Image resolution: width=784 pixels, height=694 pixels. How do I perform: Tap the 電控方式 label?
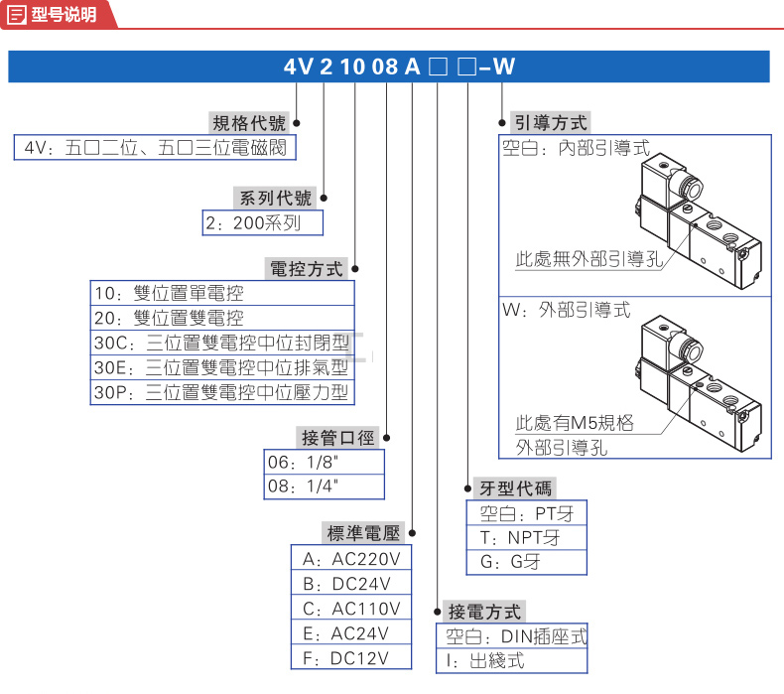(x=307, y=268)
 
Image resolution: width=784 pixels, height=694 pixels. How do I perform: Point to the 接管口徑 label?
(x=338, y=437)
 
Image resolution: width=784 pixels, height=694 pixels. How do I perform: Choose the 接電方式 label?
(x=484, y=612)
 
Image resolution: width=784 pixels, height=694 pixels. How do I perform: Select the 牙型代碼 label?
(x=516, y=487)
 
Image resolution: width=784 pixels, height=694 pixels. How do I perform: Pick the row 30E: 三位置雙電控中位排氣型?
(x=222, y=367)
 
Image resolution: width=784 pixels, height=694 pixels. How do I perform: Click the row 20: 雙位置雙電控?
(x=222, y=318)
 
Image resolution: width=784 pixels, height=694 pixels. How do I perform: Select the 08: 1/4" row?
(x=324, y=486)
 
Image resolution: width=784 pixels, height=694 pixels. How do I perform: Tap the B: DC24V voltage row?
(x=349, y=583)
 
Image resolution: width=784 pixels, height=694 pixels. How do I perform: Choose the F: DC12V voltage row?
(x=349, y=657)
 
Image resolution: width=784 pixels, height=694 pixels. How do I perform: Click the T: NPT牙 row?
(x=526, y=538)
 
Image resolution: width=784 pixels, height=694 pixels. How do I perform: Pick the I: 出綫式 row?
(x=512, y=660)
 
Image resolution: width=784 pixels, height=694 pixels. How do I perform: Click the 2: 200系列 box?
(x=264, y=222)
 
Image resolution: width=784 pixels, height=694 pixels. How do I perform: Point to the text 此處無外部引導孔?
(x=589, y=260)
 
